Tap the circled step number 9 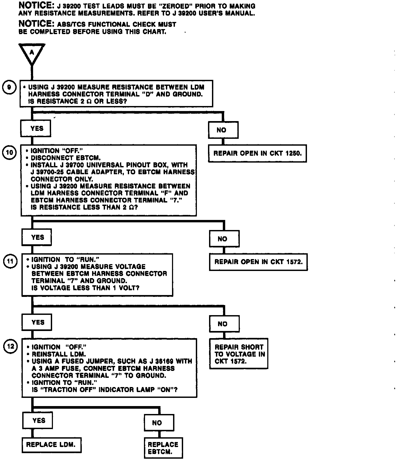(9, 87)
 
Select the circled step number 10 (9, 153)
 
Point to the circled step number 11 (10, 261)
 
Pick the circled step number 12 (10, 346)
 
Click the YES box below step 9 (36, 128)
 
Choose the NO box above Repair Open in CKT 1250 (223, 130)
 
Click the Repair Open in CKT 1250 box (257, 153)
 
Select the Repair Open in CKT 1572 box (258, 262)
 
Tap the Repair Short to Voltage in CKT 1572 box (239, 354)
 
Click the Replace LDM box (51, 445)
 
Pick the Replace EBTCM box (163, 448)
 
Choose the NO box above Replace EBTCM (159, 423)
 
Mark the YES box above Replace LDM (38, 420)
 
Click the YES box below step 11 (37, 322)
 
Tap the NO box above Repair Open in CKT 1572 (224, 239)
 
